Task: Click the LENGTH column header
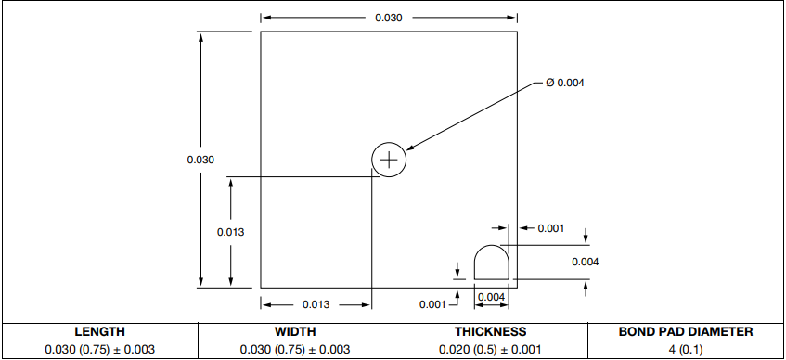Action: click(x=99, y=331)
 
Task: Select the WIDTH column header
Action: click(x=295, y=331)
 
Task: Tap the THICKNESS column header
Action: click(x=490, y=331)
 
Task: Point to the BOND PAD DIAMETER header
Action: click(x=686, y=331)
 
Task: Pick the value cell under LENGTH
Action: click(x=99, y=349)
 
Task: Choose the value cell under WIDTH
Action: click(x=295, y=349)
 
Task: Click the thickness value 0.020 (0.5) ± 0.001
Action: click(x=490, y=349)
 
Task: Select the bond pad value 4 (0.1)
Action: click(x=686, y=349)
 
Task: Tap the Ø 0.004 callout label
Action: click(x=565, y=83)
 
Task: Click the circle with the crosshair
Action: click(x=389, y=160)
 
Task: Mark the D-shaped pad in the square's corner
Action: click(x=490, y=262)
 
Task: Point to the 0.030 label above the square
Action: click(x=388, y=18)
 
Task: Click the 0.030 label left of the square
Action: click(x=200, y=160)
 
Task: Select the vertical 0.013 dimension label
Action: click(x=230, y=232)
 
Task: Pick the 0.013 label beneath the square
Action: click(x=316, y=304)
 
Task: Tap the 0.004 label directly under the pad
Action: click(x=490, y=297)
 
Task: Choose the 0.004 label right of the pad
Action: click(x=585, y=262)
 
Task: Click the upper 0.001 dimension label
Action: click(x=550, y=228)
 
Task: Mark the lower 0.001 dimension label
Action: click(x=432, y=304)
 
